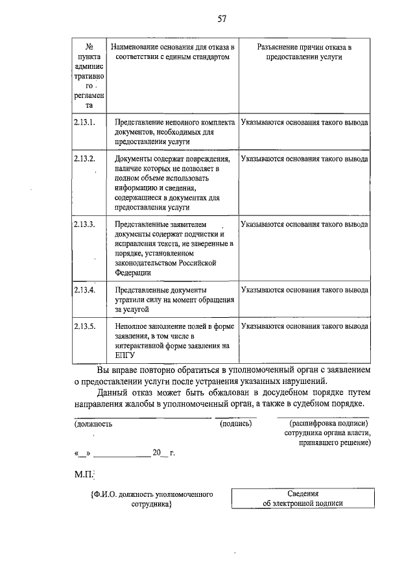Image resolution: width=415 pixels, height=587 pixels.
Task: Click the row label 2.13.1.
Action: point(84,122)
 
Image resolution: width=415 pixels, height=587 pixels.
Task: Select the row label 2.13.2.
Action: point(84,159)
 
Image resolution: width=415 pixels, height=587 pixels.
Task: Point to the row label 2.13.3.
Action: point(84,224)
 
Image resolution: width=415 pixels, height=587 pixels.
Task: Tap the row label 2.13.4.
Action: point(84,289)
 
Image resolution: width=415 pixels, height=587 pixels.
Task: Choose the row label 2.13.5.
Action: point(84,326)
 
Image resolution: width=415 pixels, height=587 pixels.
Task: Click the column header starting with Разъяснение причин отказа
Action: point(304,53)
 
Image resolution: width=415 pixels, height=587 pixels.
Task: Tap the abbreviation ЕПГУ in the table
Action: point(124,355)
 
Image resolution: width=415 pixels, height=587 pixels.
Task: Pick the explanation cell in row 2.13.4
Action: point(304,289)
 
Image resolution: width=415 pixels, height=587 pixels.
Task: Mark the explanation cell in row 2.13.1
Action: point(304,122)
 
